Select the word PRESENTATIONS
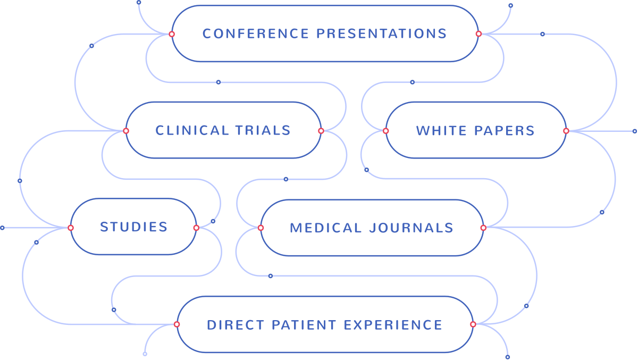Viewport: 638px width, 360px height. pyautogui.click(x=381, y=34)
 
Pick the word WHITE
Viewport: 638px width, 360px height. pyautogui.click(x=438, y=131)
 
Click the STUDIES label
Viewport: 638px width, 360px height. pyautogui.click(x=134, y=227)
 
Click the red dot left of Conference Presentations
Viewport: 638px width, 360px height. pyautogui.click(x=171, y=34)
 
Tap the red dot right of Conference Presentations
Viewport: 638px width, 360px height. pyautogui.click(x=478, y=34)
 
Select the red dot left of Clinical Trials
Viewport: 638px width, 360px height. pyautogui.click(x=126, y=131)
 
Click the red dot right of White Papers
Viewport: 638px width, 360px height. pyautogui.click(x=566, y=131)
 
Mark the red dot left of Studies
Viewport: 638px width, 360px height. pyautogui.click(x=70, y=228)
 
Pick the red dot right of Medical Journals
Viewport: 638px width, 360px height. pyautogui.click(x=483, y=228)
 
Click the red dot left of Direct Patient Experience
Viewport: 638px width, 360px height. pyautogui.click(x=177, y=324)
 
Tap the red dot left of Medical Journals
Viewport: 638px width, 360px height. pyautogui.click(x=261, y=228)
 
